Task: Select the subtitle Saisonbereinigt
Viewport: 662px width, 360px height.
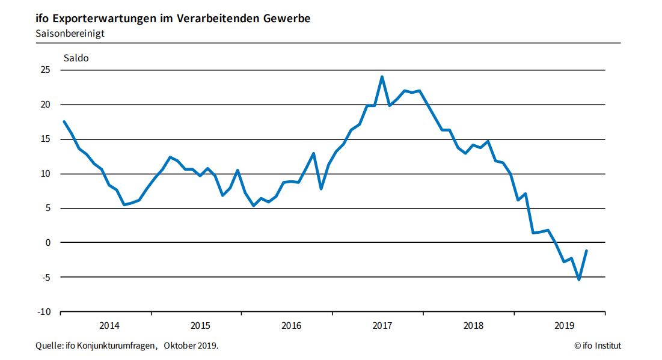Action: tap(70, 34)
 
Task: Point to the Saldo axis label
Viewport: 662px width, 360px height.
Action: tap(76, 58)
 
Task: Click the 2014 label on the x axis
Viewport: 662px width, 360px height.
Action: tap(109, 326)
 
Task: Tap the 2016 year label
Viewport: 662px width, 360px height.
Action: tap(292, 326)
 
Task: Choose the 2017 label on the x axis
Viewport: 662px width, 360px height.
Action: tap(382, 326)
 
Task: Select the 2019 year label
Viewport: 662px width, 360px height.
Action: tap(564, 326)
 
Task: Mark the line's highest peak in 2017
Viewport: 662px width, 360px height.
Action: tap(382, 77)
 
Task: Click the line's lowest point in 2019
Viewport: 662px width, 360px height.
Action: tap(578, 279)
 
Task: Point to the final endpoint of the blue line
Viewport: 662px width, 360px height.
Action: tap(586, 251)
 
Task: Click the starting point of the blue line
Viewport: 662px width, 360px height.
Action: tap(64, 121)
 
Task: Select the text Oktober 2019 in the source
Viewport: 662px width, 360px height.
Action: tap(191, 346)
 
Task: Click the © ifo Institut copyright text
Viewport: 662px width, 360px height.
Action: tap(598, 346)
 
